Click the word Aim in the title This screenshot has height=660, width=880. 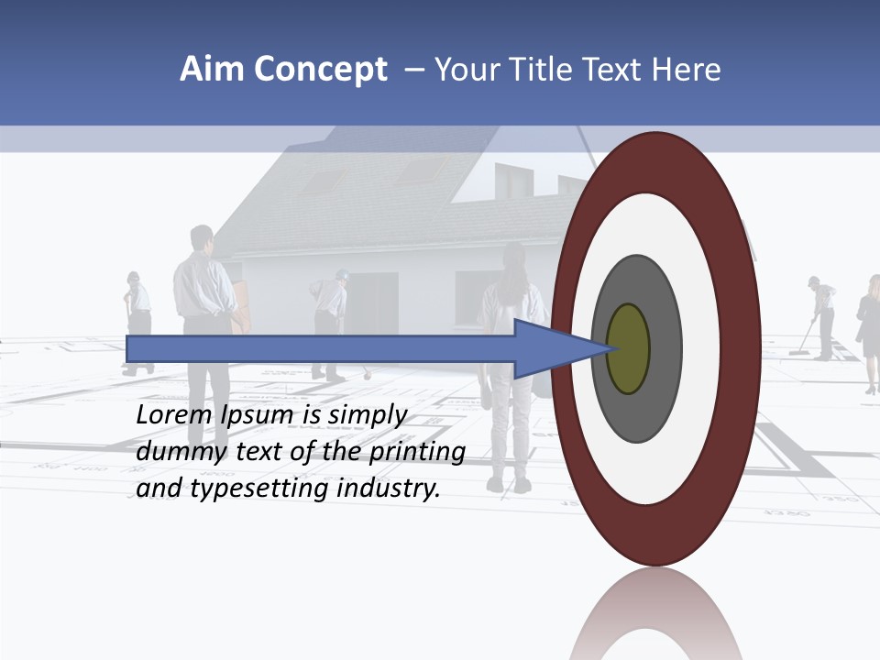click(x=206, y=70)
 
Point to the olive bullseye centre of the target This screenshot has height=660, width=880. click(x=628, y=349)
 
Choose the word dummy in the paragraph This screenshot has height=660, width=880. click(x=179, y=452)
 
